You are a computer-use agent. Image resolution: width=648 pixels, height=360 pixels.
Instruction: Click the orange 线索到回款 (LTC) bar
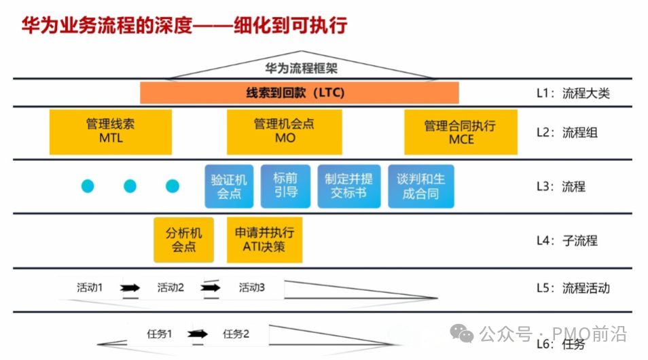pos(299,92)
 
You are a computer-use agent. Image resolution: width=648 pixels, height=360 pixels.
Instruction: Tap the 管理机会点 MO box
pos(284,132)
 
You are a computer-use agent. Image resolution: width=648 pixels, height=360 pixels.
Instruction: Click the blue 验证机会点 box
pos(229,186)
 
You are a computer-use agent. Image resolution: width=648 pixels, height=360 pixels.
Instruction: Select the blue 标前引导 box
pos(285,186)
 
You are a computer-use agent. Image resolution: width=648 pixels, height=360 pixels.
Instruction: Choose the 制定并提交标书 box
pos(348,186)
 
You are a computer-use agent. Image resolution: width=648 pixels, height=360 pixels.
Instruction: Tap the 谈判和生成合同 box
pos(420,186)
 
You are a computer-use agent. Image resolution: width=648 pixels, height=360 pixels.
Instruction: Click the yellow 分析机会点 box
pos(183,239)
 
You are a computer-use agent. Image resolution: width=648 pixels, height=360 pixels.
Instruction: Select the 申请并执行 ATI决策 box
pos(264,239)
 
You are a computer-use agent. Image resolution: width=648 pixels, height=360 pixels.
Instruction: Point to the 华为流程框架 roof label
pos(300,68)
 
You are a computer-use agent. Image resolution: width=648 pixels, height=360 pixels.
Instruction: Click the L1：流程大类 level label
pos(573,93)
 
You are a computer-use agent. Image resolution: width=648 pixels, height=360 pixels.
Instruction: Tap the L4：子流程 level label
pos(567,240)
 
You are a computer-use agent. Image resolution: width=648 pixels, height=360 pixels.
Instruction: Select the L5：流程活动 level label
pos(573,288)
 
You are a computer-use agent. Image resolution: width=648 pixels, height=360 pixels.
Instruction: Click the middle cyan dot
pos(130,186)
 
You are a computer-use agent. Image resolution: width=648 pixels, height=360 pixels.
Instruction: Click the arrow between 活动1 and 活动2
pos(130,288)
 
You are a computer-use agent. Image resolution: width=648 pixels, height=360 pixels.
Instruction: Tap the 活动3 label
pos(251,287)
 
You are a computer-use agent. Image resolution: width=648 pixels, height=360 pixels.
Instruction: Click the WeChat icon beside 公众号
pos(463,334)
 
